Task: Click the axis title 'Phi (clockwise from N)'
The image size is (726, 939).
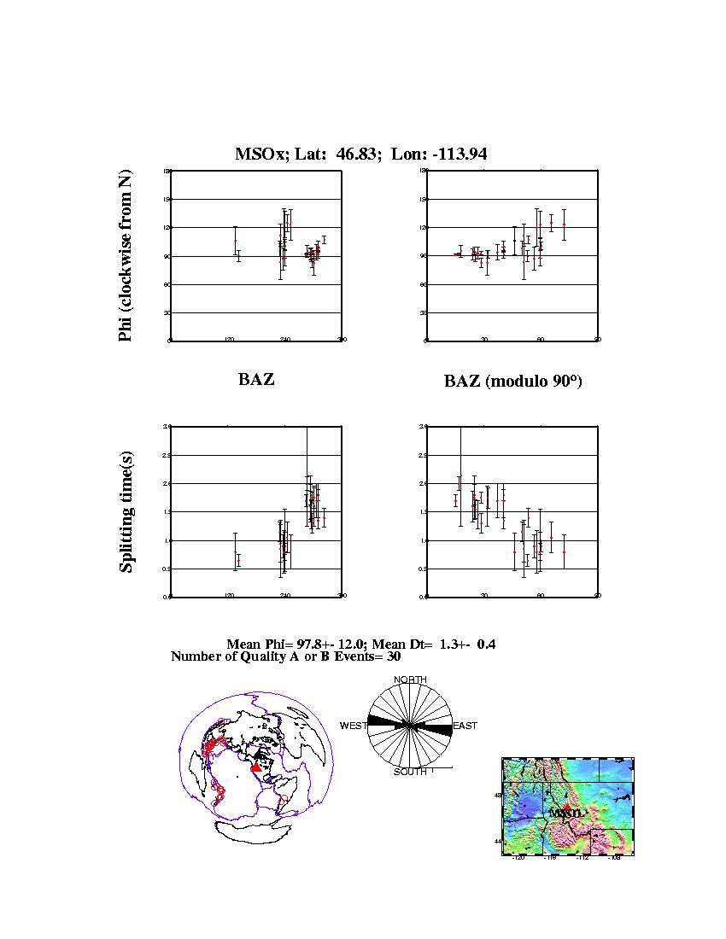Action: pyautogui.click(x=126, y=256)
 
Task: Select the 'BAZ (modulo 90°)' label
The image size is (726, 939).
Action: pyautogui.click(x=512, y=382)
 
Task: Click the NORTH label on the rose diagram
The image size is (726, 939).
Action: pyautogui.click(x=410, y=679)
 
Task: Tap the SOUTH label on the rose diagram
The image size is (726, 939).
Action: pyautogui.click(x=410, y=772)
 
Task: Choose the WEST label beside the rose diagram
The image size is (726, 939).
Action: pyautogui.click(x=354, y=726)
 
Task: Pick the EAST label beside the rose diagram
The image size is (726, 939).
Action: pyautogui.click(x=465, y=726)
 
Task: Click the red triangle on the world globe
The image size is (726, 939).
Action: pyautogui.click(x=255, y=768)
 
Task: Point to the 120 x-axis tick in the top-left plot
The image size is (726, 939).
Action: pyautogui.click(x=229, y=340)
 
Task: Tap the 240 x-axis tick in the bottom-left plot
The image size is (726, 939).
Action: pyautogui.click(x=285, y=596)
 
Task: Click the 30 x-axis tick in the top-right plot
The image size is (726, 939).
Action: pyautogui.click(x=483, y=340)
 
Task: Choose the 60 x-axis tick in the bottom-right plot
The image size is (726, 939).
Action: pyautogui.click(x=540, y=596)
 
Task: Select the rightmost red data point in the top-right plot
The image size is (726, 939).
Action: pyautogui.click(x=564, y=225)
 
